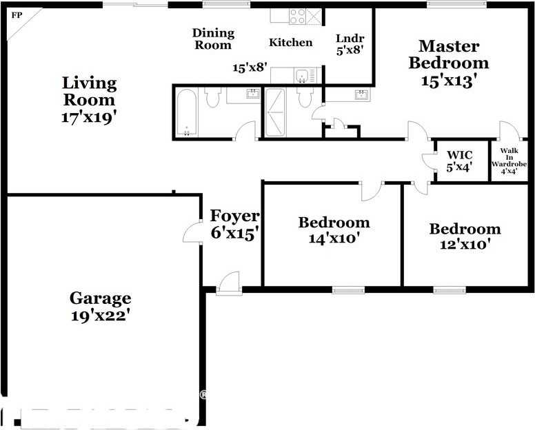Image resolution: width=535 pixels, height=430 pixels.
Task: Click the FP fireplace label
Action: coord(16,14)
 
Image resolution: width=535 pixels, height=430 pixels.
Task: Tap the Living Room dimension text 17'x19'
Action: coord(89,116)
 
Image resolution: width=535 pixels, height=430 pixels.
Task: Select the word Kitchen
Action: coord(290,43)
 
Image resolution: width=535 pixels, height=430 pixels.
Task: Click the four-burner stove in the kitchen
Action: coord(297,17)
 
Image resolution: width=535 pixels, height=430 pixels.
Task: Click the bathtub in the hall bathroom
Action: coord(186,112)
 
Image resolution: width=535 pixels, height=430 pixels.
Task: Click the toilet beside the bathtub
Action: coord(212,98)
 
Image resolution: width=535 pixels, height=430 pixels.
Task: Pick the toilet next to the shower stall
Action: coord(305,98)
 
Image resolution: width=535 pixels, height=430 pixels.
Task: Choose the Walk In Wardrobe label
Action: coord(509,160)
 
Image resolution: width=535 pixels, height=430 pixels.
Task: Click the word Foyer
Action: coord(234,216)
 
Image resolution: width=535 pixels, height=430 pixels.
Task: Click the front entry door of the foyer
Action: coord(229,283)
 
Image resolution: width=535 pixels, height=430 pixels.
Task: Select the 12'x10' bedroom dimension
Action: coord(465,245)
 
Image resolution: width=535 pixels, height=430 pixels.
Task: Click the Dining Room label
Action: coord(213,39)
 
